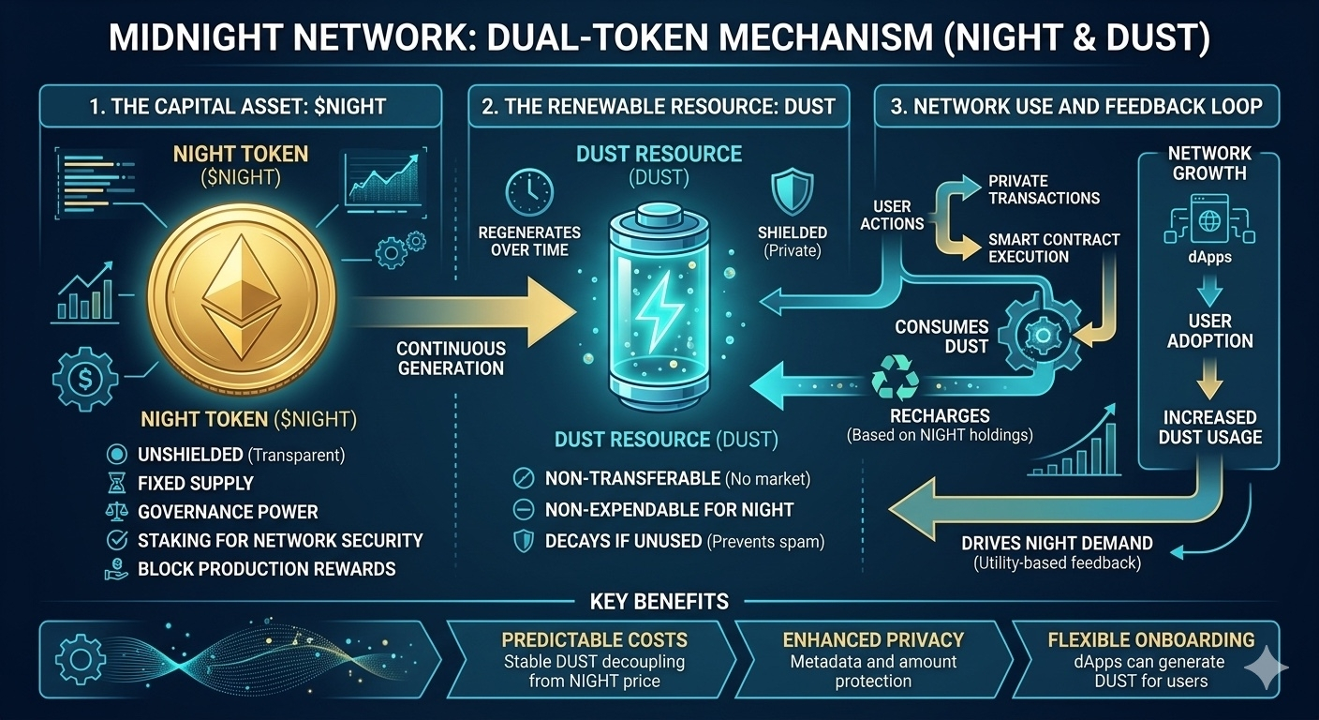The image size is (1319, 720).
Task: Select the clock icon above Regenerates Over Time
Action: point(528,190)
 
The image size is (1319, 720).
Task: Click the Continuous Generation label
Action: point(451,357)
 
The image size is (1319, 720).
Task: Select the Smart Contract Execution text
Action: point(1053,247)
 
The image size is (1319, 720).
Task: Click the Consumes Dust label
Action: point(941,336)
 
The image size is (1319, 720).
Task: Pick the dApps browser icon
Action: point(1208,221)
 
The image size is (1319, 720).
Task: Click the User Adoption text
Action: point(1209,330)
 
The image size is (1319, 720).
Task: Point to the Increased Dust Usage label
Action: point(1209,427)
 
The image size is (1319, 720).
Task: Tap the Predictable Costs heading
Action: point(594,640)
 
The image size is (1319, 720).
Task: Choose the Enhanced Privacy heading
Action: point(872,640)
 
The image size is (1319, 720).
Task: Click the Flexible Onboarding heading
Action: point(1150,640)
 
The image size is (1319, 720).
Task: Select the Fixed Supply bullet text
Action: point(195,484)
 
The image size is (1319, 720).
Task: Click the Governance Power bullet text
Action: point(228,512)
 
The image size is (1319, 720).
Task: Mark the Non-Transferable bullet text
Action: point(632,479)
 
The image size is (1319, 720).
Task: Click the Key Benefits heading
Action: point(659,601)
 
